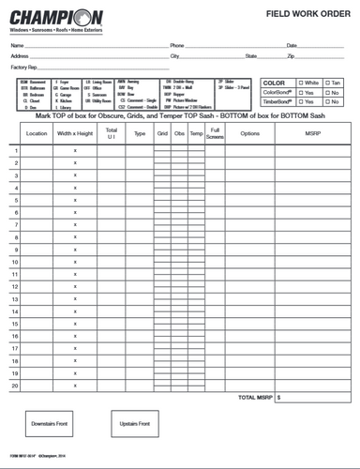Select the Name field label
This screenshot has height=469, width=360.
point(17,45)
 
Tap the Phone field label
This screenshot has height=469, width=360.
point(177,45)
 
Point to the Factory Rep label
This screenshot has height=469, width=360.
point(24,68)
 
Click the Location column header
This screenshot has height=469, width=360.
point(37,133)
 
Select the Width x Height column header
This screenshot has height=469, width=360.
point(74,133)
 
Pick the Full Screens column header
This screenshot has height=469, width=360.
point(215,133)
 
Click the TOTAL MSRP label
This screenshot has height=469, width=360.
point(256,397)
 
